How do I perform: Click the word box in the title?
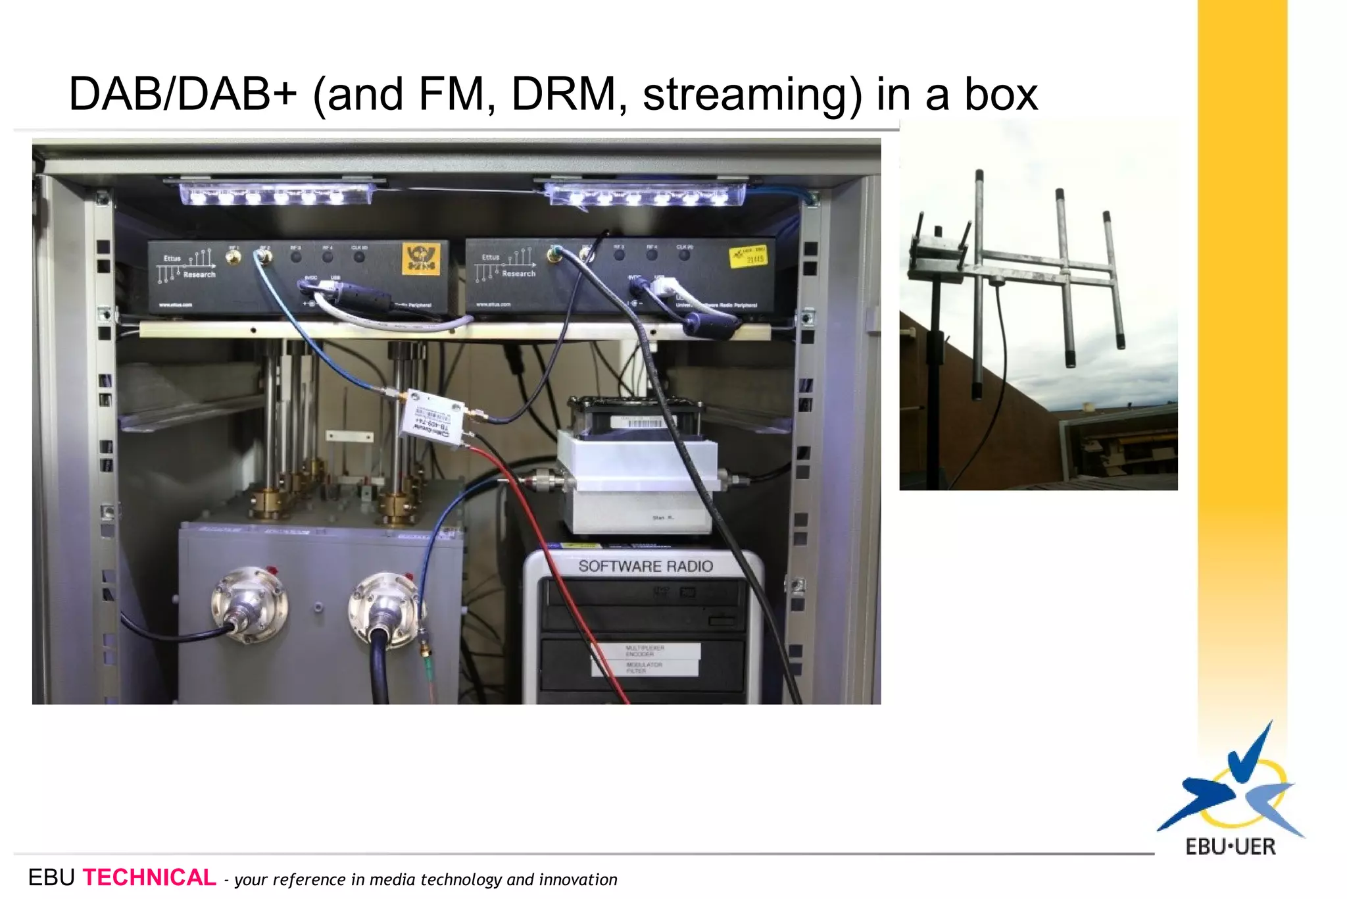point(1001,94)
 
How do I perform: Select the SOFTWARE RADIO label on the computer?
point(645,566)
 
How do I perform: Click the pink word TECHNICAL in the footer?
point(149,877)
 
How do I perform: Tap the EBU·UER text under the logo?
point(1230,846)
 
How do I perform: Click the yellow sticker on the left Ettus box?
point(420,259)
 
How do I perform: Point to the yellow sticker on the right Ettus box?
point(748,256)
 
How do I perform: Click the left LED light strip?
point(276,194)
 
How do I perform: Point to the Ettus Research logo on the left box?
point(187,265)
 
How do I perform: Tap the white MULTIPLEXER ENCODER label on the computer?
point(645,651)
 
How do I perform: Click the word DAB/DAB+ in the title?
point(183,94)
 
